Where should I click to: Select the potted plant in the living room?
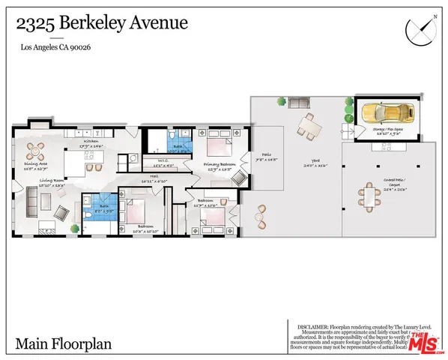coord(72,227)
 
